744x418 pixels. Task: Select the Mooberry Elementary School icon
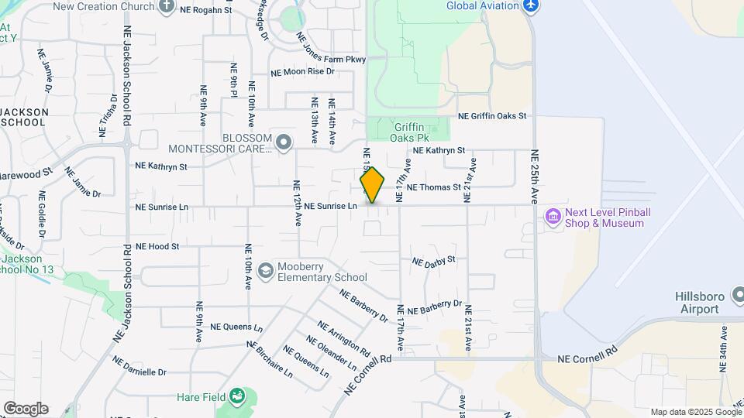266,270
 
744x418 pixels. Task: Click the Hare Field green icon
238,399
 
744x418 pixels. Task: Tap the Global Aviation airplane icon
531,6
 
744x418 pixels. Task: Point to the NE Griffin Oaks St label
492,116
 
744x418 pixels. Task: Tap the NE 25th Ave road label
535,176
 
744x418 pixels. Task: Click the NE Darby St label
433,262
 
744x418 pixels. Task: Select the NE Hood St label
157,246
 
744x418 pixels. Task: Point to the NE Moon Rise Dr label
302,71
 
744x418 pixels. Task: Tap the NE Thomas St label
433,187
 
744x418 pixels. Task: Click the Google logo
25,409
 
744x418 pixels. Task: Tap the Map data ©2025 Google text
695,412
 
